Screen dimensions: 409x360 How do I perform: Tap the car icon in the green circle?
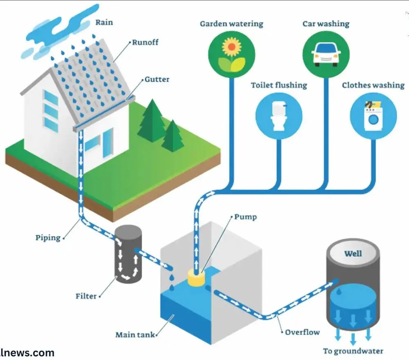[326, 55]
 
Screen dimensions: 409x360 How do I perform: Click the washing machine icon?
[373, 116]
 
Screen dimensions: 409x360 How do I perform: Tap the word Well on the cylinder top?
[353, 254]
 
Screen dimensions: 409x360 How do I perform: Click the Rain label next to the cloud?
[104, 22]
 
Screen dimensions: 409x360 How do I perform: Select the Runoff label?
[145, 42]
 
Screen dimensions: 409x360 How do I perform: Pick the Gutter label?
[157, 79]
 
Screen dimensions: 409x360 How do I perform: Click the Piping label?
[48, 238]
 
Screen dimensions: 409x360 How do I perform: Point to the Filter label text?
[86, 296]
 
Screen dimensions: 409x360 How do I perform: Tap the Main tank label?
[135, 335]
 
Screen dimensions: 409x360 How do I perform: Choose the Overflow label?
[302, 332]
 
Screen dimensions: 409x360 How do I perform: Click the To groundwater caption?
[353, 351]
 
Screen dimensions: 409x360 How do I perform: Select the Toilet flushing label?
[279, 85]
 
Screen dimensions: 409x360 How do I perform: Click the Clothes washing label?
[373, 85]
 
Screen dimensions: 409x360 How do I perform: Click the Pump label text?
[245, 217]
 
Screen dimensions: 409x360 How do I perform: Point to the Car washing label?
[326, 24]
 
